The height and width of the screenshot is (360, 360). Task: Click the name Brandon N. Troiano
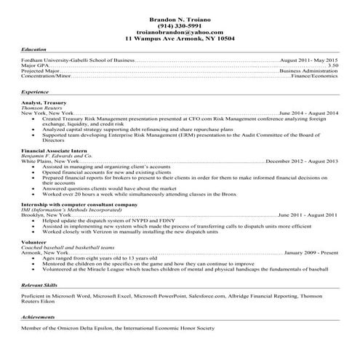[180, 17]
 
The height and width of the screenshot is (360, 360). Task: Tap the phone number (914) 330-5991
[180, 25]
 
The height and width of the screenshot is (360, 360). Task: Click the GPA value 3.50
[333, 65]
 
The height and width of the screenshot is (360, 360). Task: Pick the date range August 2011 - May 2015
[308, 59]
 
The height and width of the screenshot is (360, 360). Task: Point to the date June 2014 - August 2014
[308, 114]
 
